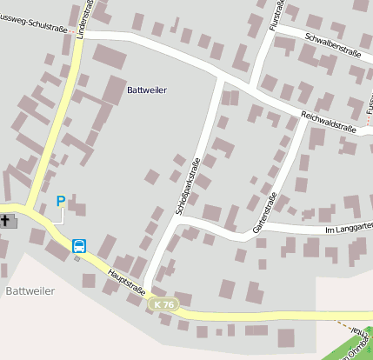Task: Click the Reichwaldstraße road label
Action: click(329, 123)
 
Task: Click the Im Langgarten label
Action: click(347, 230)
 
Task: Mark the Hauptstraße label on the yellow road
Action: click(127, 285)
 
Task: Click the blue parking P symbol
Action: click(61, 202)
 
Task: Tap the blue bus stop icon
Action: click(79, 246)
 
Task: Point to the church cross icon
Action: click(6, 221)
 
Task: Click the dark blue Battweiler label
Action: click(147, 90)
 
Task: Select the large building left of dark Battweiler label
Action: click(114, 90)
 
